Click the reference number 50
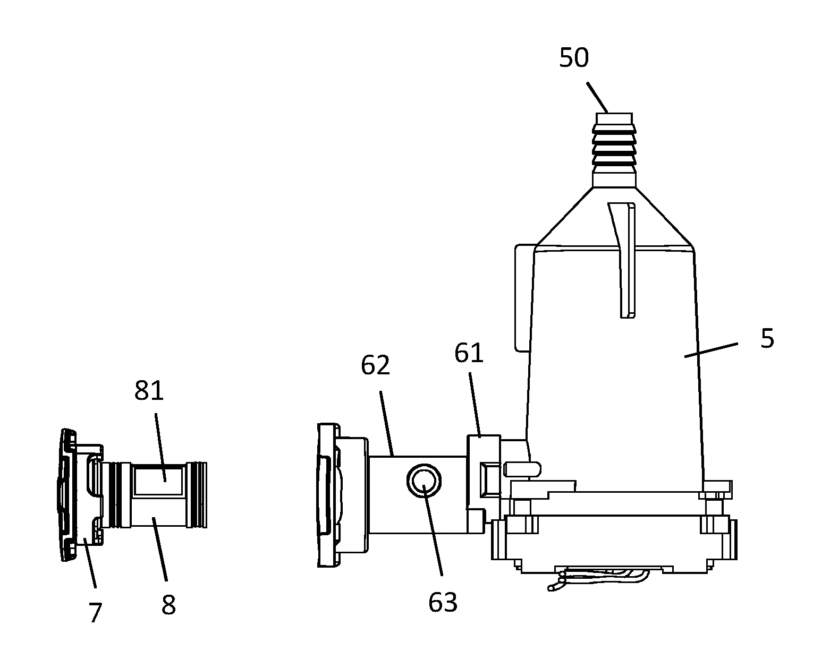coord(574,58)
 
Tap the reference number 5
coord(767,338)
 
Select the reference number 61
coord(469,353)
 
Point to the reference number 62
coord(376,365)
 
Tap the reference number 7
coord(96,612)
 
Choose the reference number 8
coord(168,605)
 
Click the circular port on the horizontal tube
coord(424,481)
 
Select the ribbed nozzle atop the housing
coord(614,150)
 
